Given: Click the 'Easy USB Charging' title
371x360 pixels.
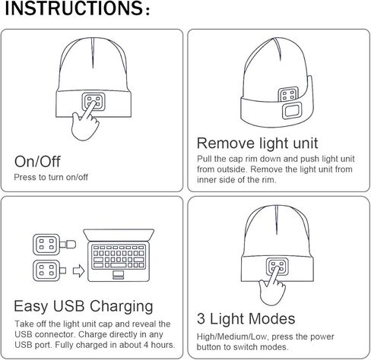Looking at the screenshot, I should point(84,307).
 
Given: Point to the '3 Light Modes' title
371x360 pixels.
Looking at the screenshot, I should point(246,319).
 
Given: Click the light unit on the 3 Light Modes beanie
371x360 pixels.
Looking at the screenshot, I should point(276,267).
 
